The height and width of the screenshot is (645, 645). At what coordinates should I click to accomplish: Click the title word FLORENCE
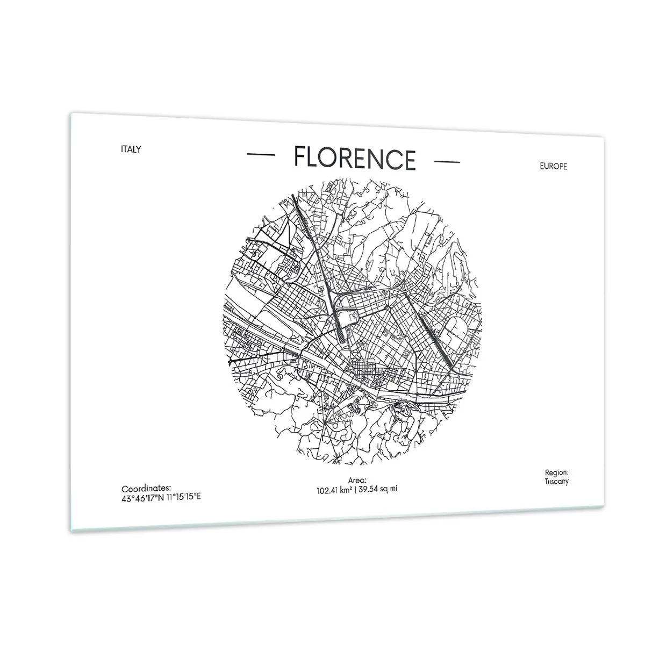355,158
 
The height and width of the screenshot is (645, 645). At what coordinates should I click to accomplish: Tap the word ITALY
131,149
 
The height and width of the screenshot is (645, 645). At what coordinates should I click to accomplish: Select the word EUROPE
553,166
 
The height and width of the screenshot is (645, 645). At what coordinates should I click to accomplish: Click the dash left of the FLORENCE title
261,155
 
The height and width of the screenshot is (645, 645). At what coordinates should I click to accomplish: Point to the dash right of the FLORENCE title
446,161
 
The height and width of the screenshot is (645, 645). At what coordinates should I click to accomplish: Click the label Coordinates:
146,488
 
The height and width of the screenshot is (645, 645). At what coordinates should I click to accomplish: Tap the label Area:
357,479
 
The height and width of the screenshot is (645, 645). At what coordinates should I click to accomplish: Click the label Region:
556,473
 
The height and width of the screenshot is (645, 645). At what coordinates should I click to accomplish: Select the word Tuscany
556,481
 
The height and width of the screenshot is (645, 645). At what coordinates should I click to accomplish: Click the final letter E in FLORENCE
410,160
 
